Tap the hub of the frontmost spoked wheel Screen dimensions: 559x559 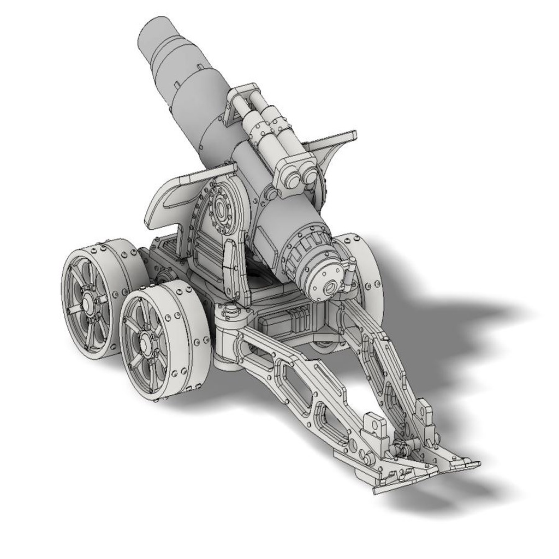tap(146, 342)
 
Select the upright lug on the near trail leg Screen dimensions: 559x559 tap(373, 425)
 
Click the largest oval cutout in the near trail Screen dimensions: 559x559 tap(295, 371)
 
